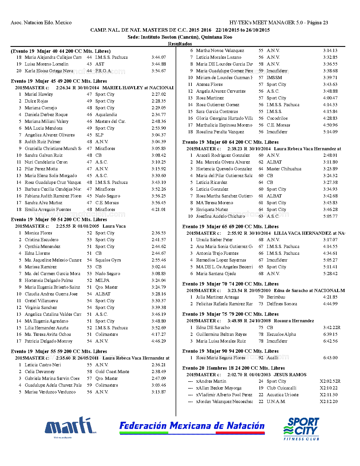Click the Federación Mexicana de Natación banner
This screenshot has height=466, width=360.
192,427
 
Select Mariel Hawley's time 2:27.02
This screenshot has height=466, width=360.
159,94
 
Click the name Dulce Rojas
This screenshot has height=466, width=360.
36,101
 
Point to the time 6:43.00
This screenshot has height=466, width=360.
330,358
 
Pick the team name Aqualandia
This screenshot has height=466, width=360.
106,115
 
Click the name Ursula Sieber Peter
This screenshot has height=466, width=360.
214,240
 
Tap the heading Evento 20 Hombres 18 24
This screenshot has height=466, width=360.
234,368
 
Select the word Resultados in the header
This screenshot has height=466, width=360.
180,44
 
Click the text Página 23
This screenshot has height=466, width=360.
317,23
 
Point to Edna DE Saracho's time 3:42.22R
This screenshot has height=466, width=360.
332,328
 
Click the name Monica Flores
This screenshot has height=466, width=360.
38,233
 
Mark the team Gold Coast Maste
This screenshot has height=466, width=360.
112,372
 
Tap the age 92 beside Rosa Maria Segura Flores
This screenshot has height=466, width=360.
261,358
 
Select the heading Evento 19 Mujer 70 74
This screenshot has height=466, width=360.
230,284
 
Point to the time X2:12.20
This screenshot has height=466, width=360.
329,402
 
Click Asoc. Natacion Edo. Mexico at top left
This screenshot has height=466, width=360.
41,23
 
